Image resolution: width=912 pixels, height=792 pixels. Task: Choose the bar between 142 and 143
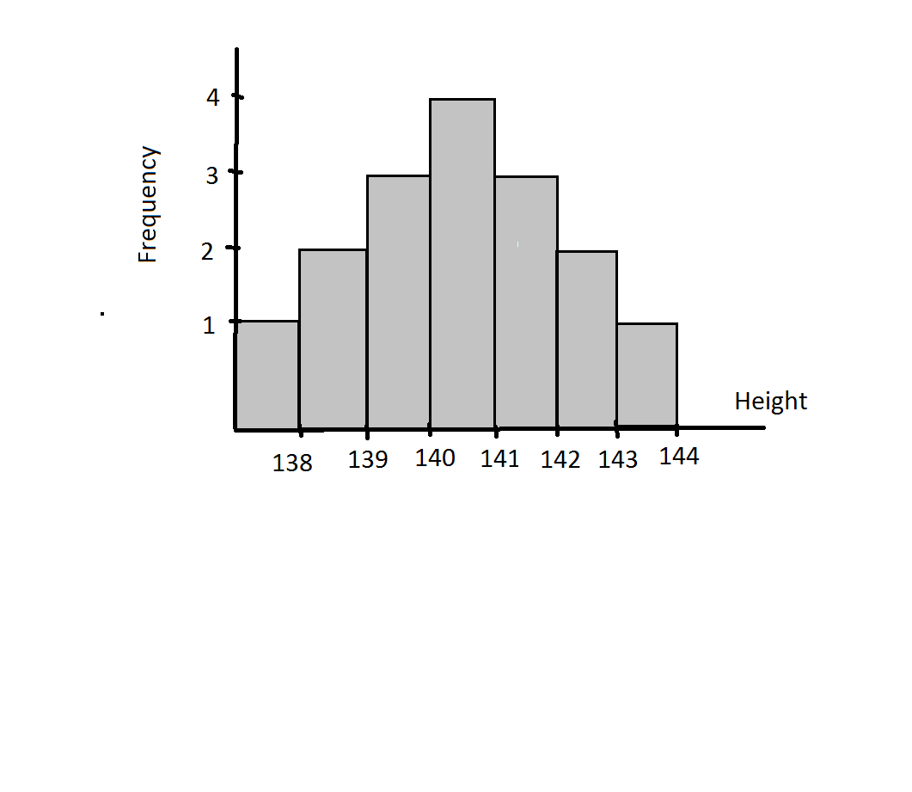pos(587,339)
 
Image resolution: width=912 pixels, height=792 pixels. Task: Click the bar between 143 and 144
pos(647,375)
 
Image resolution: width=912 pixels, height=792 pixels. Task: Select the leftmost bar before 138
pos(267,375)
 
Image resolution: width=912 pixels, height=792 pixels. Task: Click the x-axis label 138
pos(292,464)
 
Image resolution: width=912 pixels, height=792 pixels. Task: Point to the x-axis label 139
pos(368,460)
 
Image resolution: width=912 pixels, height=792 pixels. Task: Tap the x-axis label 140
pos(435,458)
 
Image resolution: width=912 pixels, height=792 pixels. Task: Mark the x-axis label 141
pos(499,459)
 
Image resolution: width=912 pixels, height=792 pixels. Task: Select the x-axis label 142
pos(560,460)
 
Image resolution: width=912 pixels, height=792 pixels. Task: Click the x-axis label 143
pos(618,460)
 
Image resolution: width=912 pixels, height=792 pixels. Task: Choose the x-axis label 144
pos(679,457)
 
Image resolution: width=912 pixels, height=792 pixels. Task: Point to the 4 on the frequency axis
pos(213,97)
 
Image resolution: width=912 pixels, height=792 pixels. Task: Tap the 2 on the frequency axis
pos(207,251)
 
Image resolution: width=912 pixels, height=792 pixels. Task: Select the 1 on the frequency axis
pos(208,325)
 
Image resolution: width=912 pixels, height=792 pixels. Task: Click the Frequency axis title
pos(149,205)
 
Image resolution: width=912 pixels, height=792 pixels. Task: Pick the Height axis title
pos(771,402)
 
